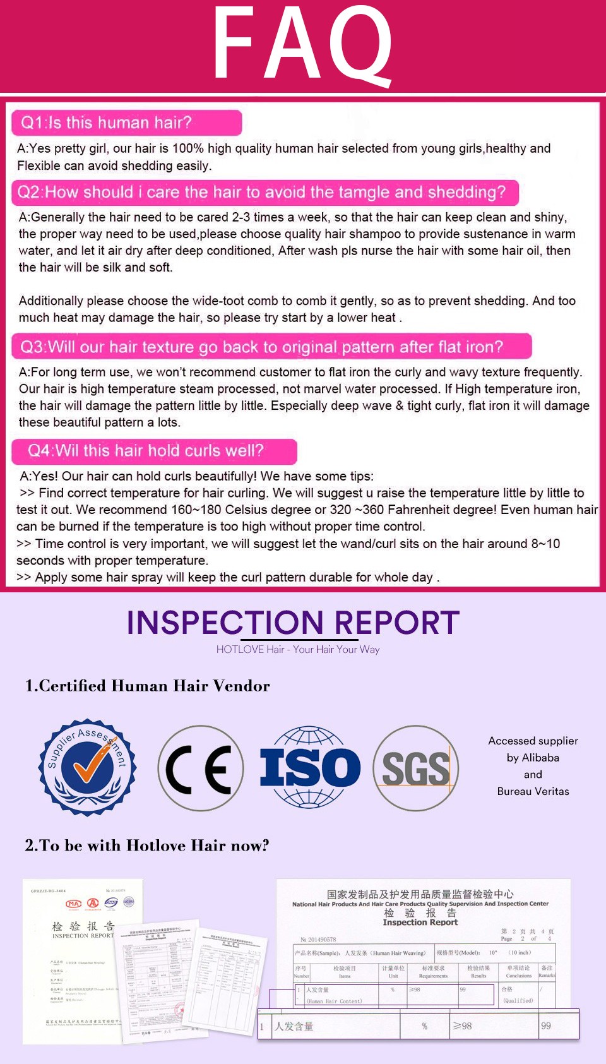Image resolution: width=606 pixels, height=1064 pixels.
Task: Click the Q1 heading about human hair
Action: coord(107,123)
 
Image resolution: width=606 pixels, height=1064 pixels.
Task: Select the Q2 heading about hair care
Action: coord(262,192)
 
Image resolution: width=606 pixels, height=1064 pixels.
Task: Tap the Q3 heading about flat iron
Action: coord(262,347)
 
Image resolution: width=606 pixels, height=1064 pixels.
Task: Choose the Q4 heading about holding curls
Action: coord(146,450)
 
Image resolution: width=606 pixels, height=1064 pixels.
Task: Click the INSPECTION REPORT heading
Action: coord(293,623)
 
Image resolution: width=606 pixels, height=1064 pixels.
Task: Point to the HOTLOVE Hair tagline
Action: coord(298,649)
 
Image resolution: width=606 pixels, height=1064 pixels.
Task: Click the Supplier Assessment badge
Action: coord(88,767)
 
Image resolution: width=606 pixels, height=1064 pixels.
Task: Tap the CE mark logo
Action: coord(200,768)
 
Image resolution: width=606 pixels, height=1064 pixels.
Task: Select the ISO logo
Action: coord(309,767)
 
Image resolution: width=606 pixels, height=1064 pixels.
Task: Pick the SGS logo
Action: coord(415,768)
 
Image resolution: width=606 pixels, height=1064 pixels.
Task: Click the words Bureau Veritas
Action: coord(533,791)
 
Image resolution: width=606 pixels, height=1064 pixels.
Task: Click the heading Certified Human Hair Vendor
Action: coord(147,686)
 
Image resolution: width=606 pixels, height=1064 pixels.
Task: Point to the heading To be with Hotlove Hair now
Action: coord(147,846)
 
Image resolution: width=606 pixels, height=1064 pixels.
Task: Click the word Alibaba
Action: coord(541,758)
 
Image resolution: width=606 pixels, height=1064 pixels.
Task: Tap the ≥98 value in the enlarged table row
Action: coord(463,1026)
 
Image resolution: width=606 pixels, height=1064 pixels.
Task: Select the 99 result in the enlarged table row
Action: coord(546,1026)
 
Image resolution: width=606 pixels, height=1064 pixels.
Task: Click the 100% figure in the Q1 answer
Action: coord(188,148)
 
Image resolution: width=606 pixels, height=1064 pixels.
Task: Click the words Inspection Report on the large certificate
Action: coord(420,922)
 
